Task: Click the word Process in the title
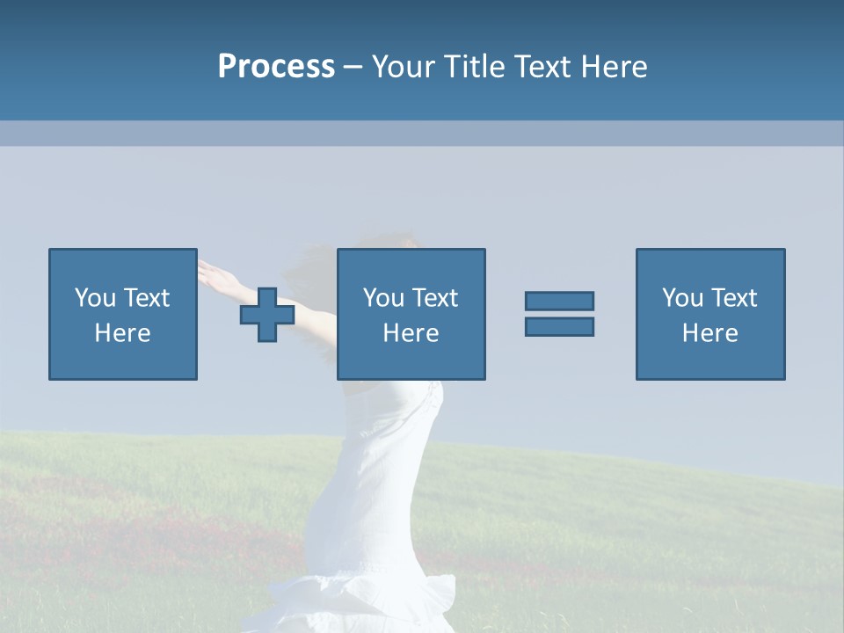click(x=276, y=67)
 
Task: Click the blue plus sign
click(x=267, y=315)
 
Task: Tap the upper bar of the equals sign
click(x=559, y=301)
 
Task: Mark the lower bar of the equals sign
click(x=559, y=326)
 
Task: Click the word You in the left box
click(x=95, y=298)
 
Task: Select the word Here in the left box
click(x=122, y=333)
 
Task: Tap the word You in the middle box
click(x=383, y=298)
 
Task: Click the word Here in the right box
click(x=709, y=333)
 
